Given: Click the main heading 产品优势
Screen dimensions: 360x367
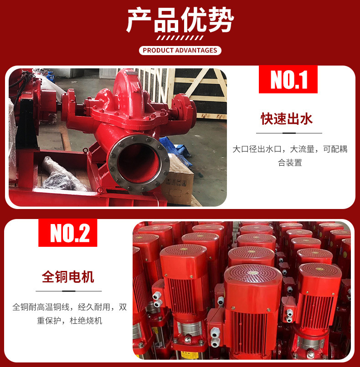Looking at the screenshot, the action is (180, 20).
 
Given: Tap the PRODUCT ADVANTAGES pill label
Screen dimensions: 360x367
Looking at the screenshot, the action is (180, 51).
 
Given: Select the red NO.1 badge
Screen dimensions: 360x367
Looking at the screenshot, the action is (288, 79).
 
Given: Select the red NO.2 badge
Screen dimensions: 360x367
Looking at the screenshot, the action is (68, 233).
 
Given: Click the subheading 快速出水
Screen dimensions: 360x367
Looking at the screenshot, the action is (287, 119).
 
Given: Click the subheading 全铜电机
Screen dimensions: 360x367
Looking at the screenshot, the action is (68, 277).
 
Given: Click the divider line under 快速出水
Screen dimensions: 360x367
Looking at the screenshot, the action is (289, 133).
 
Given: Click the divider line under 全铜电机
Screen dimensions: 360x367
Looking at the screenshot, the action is (69, 291).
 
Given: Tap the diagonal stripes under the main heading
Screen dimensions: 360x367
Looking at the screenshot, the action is (180, 38).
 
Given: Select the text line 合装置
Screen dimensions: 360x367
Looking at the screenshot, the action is (290, 163).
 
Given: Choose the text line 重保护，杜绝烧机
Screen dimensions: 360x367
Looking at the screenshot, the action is (70, 321).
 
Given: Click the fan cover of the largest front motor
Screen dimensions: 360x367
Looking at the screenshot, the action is (253, 274).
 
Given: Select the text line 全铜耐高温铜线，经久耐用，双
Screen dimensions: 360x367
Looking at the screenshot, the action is (70, 307).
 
